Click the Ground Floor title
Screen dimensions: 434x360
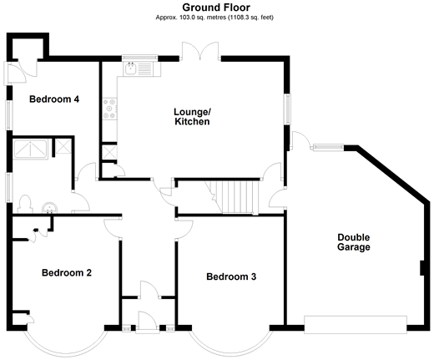pyautogui.click(x=216, y=8)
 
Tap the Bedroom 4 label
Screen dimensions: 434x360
pyautogui.click(x=54, y=99)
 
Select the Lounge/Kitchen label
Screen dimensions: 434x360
pyautogui.click(x=192, y=117)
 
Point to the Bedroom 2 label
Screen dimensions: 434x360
pyautogui.click(x=67, y=272)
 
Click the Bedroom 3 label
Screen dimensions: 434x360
pyautogui.click(x=231, y=276)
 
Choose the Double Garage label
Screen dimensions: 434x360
pyautogui.click(x=354, y=242)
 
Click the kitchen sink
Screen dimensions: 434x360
pyautogui.click(x=139, y=68)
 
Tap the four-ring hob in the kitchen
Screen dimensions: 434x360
pyautogui.click(x=109, y=109)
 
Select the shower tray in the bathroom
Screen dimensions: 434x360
pyautogui.click(x=31, y=150)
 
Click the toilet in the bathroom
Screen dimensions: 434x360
pyautogui.click(x=25, y=204)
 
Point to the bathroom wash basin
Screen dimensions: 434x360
pyautogui.click(x=49, y=208)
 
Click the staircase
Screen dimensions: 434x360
pyautogui.click(x=232, y=197)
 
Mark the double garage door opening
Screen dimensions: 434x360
pyautogui.click(x=356, y=324)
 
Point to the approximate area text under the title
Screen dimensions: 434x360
pyautogui.click(x=214, y=18)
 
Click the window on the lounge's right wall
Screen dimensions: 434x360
pyautogui.click(x=287, y=109)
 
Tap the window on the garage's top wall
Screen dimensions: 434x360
pyautogui.click(x=329, y=148)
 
